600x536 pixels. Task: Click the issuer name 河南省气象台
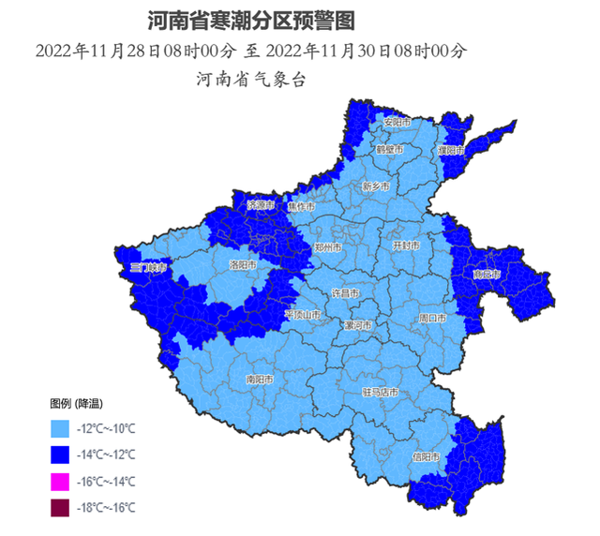point(252,81)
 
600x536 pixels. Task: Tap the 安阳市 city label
point(397,123)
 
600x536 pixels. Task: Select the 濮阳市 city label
point(451,150)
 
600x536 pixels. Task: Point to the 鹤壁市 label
point(389,150)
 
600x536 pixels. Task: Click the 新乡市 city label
point(377,186)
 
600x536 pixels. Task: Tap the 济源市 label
point(261,204)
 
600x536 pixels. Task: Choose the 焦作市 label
point(301,206)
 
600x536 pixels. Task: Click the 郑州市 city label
point(328,247)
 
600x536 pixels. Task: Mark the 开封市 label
point(405,246)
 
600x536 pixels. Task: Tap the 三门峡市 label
point(148,269)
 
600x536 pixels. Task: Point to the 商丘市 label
point(487,275)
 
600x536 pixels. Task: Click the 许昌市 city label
point(346,293)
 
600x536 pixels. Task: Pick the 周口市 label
point(432,317)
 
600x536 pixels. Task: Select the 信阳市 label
point(425,457)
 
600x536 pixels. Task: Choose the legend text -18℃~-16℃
point(106,508)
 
